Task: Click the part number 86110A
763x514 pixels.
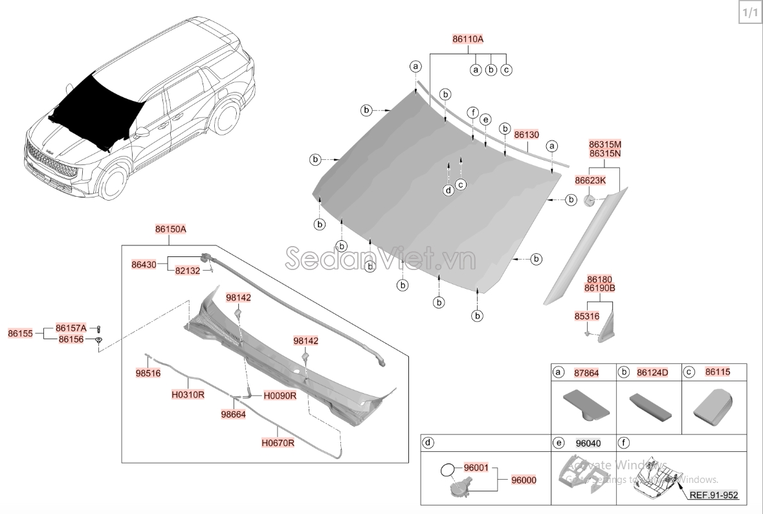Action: point(468,39)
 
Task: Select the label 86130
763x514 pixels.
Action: point(526,135)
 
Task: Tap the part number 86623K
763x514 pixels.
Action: point(590,180)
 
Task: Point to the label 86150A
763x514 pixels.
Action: point(170,229)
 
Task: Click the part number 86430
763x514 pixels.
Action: point(144,264)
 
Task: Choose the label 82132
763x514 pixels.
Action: point(188,271)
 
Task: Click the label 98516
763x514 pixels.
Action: point(148,374)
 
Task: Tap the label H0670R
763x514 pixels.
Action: point(278,443)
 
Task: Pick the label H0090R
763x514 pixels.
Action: point(280,396)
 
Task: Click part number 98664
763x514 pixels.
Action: point(233,414)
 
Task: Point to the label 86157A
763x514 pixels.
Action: point(71,328)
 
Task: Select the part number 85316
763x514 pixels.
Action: point(587,316)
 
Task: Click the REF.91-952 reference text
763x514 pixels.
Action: point(713,496)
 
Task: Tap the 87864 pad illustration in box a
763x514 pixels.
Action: point(584,403)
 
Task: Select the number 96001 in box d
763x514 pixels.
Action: point(476,467)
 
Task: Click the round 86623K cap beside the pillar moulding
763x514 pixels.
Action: point(590,200)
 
